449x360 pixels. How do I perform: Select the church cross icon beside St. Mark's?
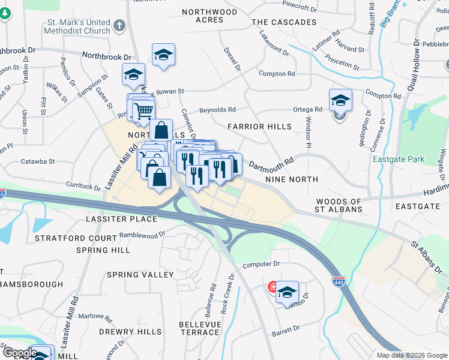click(x=119, y=26)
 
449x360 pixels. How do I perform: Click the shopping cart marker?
click(x=143, y=111)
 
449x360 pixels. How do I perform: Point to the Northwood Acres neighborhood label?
click(x=209, y=16)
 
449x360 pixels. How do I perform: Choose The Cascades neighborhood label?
click(x=284, y=22)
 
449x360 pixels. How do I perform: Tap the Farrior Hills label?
click(x=259, y=127)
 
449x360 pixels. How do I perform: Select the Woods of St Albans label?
click(x=339, y=205)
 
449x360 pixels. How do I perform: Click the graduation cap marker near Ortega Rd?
click(x=340, y=100)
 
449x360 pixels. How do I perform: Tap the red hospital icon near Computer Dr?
click(x=273, y=287)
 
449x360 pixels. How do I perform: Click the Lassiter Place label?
click(x=121, y=219)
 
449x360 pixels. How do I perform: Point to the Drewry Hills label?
click(x=130, y=332)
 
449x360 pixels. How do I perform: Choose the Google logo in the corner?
click(x=20, y=352)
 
